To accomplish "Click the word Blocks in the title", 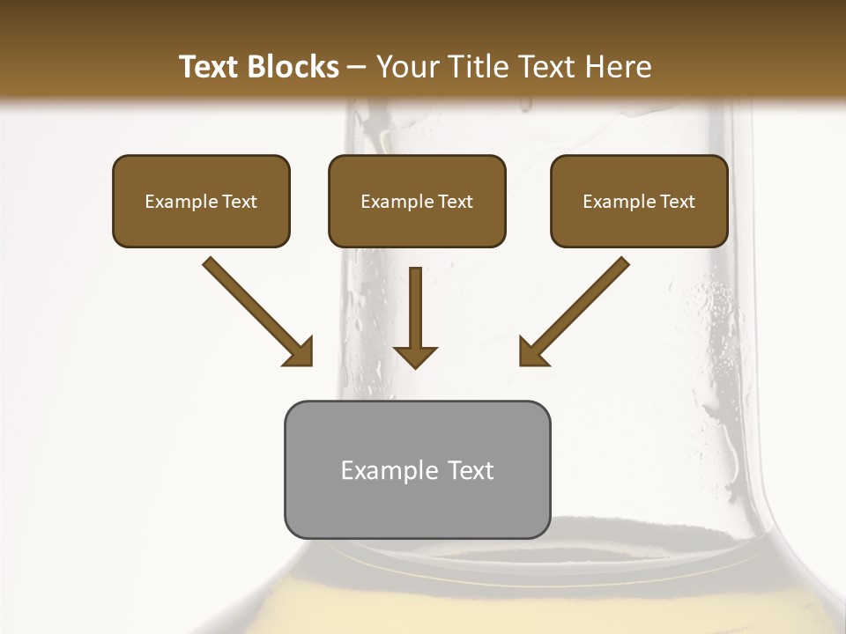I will pos(293,67).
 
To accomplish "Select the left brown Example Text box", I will pos(201,202).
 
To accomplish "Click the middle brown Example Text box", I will pos(417,202).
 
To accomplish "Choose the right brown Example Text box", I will pos(639,202).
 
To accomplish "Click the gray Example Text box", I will pos(417,469).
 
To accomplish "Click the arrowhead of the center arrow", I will pos(415,355).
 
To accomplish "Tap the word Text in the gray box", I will pos(471,470).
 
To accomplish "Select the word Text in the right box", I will pos(676,202).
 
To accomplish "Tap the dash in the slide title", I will pos(357,68).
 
